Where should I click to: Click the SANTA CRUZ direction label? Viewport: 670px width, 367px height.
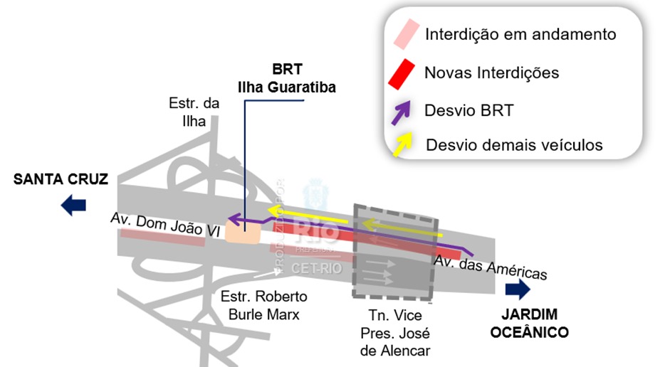pos(61,180)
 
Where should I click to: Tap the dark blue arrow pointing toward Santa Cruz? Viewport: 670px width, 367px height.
pos(73,206)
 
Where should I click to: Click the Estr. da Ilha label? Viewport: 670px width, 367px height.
pos(194,112)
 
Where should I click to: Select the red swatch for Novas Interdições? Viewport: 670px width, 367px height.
pos(401,74)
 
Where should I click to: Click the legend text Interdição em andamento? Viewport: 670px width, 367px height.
pos(520,34)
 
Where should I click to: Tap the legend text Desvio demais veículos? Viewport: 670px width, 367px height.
pos(514,145)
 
